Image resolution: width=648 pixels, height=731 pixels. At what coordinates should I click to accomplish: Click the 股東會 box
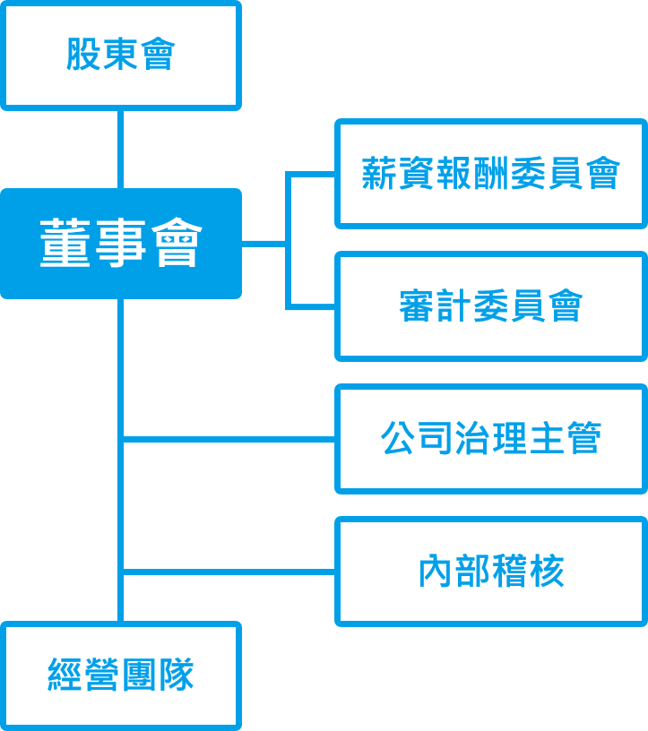coord(120,56)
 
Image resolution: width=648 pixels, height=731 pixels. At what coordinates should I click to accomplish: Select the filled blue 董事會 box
coord(120,244)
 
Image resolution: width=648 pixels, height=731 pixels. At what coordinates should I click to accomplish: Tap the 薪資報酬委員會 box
coord(490,174)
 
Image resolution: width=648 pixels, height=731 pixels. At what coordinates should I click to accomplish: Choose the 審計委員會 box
coord(490,306)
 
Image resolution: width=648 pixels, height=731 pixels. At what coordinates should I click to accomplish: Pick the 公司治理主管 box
coord(490,439)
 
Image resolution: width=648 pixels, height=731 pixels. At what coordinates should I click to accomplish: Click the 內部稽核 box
coord(490,572)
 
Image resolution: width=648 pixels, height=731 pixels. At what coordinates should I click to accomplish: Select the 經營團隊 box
coord(120,675)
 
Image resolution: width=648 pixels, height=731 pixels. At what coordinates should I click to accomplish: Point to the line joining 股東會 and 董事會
coord(120,149)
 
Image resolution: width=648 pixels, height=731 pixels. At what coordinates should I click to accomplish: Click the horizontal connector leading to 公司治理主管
coord(229,439)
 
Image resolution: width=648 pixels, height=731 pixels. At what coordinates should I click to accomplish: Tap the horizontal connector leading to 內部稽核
coord(229,572)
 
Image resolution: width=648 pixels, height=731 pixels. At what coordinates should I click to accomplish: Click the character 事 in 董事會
coord(120,244)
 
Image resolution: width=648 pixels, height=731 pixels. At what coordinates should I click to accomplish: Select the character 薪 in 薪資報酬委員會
coord(380,174)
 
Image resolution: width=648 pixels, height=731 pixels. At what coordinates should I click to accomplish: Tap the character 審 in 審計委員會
coord(417,306)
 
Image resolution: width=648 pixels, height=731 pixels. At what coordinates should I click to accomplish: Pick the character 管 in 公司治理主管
coord(583,439)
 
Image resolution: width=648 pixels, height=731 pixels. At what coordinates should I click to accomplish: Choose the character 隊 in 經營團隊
coord(176,675)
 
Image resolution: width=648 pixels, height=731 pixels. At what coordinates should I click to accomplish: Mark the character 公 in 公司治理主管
coord(399,439)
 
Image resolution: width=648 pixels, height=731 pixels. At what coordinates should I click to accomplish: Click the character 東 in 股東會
coord(120,56)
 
